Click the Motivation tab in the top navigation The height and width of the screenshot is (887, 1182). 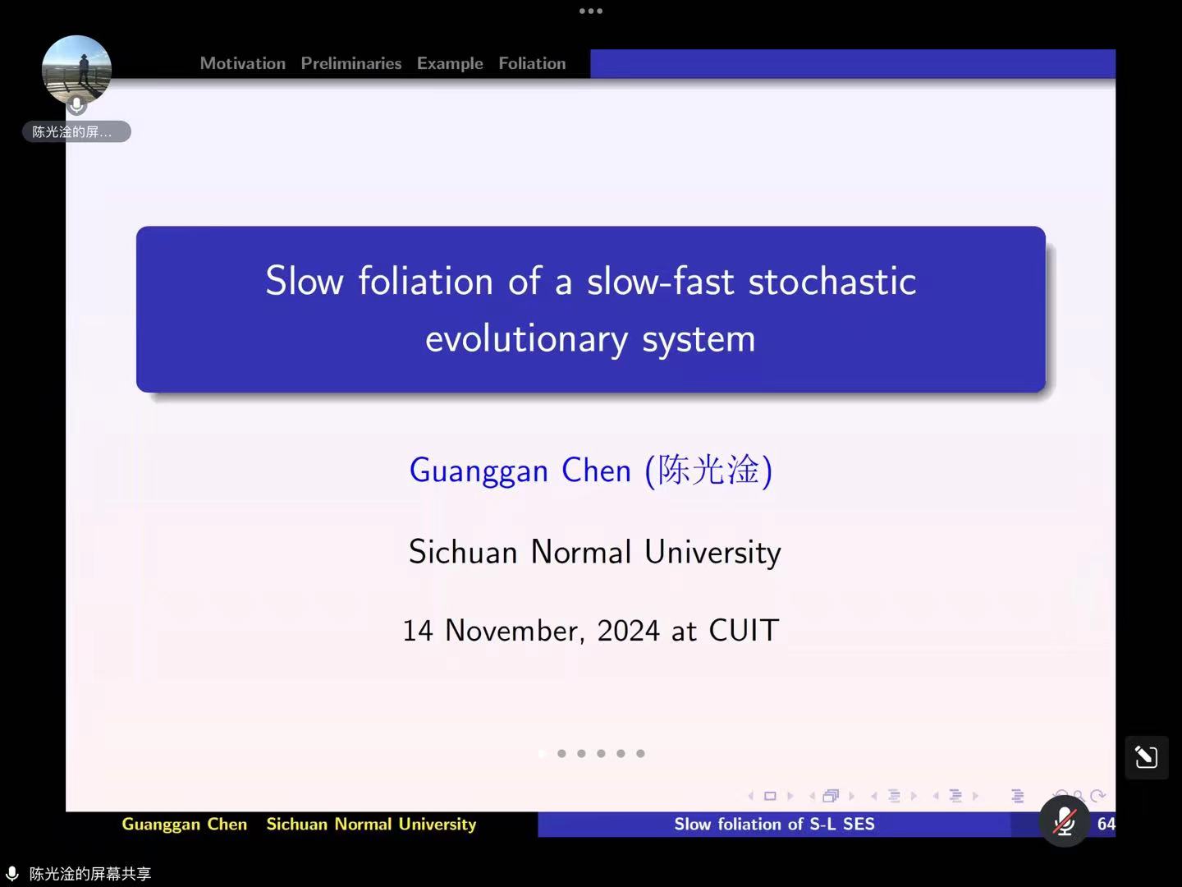click(x=243, y=63)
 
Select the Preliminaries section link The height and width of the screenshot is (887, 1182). click(x=351, y=63)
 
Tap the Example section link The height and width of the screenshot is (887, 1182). click(x=450, y=63)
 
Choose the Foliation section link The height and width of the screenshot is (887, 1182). click(x=532, y=63)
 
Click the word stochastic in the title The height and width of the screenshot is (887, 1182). click(x=832, y=281)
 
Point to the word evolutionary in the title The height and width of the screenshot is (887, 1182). click(x=527, y=339)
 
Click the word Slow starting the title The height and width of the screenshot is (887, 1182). click(x=305, y=281)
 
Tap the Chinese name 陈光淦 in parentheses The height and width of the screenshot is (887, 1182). click(x=708, y=470)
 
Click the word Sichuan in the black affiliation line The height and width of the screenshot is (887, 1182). click(x=463, y=551)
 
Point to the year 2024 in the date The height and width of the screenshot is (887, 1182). click(x=629, y=630)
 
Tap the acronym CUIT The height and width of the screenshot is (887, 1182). click(x=744, y=630)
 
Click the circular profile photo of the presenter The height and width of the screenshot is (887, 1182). click(x=77, y=70)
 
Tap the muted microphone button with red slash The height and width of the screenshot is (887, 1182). click(x=1065, y=822)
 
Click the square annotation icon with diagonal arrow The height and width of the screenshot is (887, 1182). click(x=1147, y=757)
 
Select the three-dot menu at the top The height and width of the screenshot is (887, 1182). click(x=591, y=11)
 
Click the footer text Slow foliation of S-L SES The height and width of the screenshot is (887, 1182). click(x=774, y=824)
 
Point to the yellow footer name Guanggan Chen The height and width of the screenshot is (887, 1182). click(x=185, y=825)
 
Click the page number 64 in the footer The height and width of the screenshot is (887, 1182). click(x=1106, y=824)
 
